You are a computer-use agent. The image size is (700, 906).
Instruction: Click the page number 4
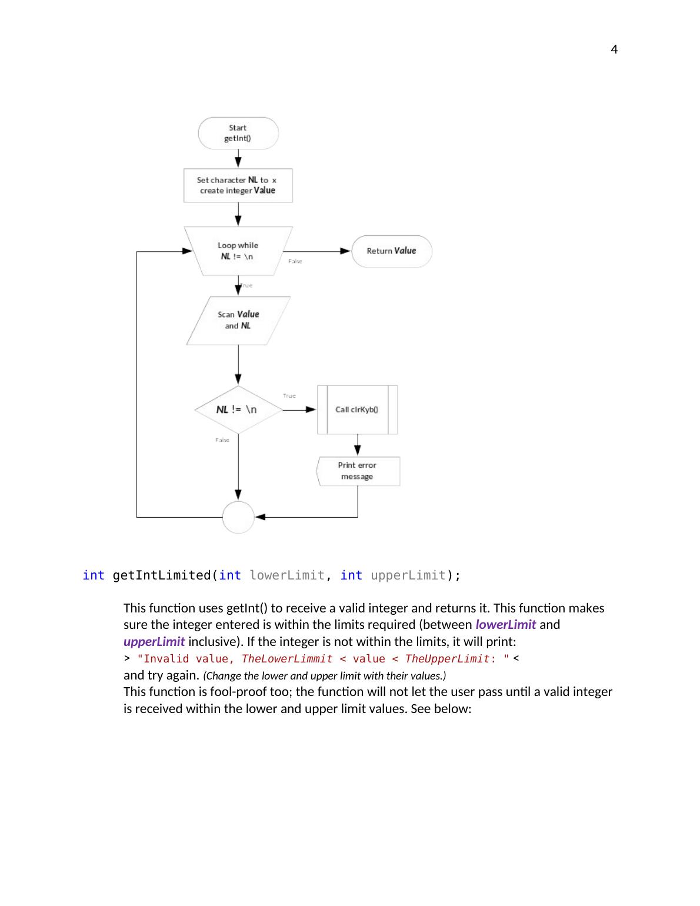(614, 50)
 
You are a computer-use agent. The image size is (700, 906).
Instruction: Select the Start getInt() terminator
(238, 133)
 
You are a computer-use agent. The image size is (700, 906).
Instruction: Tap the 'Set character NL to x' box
(238, 185)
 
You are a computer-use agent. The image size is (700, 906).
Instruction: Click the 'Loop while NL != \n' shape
(238, 251)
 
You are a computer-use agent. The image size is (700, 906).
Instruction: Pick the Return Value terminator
(391, 251)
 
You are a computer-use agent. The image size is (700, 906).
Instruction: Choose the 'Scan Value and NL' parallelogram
(238, 321)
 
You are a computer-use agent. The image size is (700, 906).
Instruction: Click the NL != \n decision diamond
(238, 409)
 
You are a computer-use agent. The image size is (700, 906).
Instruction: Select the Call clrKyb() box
(357, 409)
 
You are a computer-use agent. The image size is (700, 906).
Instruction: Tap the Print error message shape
(358, 471)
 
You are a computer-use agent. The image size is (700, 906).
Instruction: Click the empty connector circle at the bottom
(238, 517)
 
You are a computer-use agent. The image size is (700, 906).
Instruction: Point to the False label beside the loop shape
(295, 261)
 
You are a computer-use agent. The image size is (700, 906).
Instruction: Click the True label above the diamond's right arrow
(289, 396)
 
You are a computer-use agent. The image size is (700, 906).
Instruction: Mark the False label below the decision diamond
(222, 440)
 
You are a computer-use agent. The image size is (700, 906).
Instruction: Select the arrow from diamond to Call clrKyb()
(299, 409)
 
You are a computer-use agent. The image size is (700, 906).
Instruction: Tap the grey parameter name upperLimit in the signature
(408, 575)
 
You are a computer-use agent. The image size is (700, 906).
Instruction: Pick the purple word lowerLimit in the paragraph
(505, 625)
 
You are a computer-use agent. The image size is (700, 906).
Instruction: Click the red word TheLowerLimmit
(287, 659)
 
